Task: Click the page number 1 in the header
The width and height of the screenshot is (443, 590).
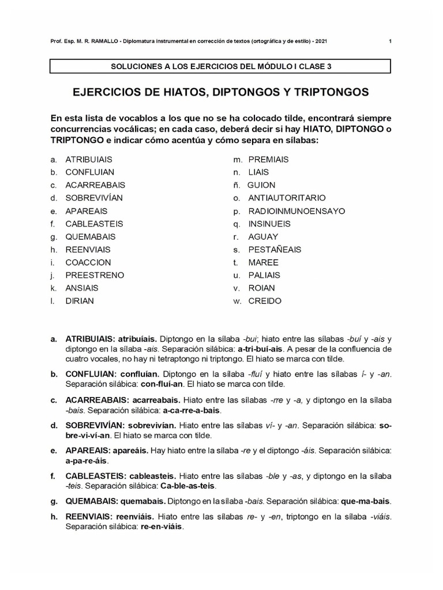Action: [391, 41]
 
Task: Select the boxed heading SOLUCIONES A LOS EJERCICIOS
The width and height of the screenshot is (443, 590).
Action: [221, 66]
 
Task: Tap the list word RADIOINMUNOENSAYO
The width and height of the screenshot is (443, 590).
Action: [296, 211]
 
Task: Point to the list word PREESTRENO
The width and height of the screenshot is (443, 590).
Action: [95, 275]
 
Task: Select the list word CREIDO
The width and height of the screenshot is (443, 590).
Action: [265, 301]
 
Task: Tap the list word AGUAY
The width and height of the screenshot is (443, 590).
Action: [263, 236]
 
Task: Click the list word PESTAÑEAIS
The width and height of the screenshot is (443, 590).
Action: [275, 249]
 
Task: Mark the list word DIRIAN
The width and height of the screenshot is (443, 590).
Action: [80, 301]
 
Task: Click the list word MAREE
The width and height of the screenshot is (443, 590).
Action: [263, 262]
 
